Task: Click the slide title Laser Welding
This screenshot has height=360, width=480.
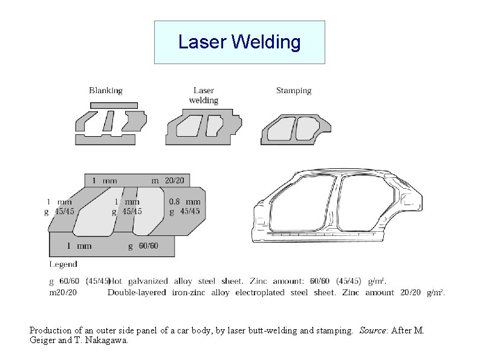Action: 239,42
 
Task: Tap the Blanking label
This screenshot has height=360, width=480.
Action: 106,91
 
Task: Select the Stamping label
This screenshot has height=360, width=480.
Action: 294,91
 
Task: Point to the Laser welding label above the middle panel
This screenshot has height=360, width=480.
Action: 204,96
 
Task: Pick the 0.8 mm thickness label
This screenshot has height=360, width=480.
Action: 184,201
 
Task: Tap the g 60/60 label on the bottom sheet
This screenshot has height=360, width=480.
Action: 143,246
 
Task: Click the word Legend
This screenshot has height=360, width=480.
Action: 63,264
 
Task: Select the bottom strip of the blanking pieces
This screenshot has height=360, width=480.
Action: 106,140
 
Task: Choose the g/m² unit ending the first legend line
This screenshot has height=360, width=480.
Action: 376,281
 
